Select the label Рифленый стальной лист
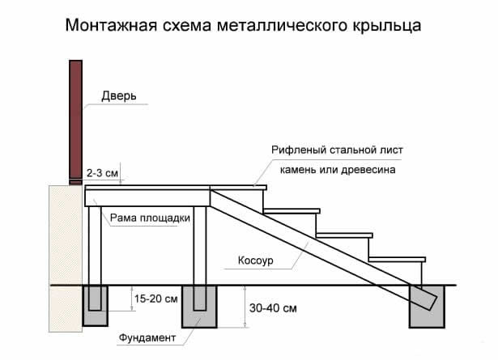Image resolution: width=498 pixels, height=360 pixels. point(343,150)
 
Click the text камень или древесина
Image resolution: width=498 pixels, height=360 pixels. point(343,171)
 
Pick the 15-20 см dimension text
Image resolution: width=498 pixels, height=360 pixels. point(157,299)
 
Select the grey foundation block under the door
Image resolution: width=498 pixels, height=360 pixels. point(96,307)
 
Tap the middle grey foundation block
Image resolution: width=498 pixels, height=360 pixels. point(201,307)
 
